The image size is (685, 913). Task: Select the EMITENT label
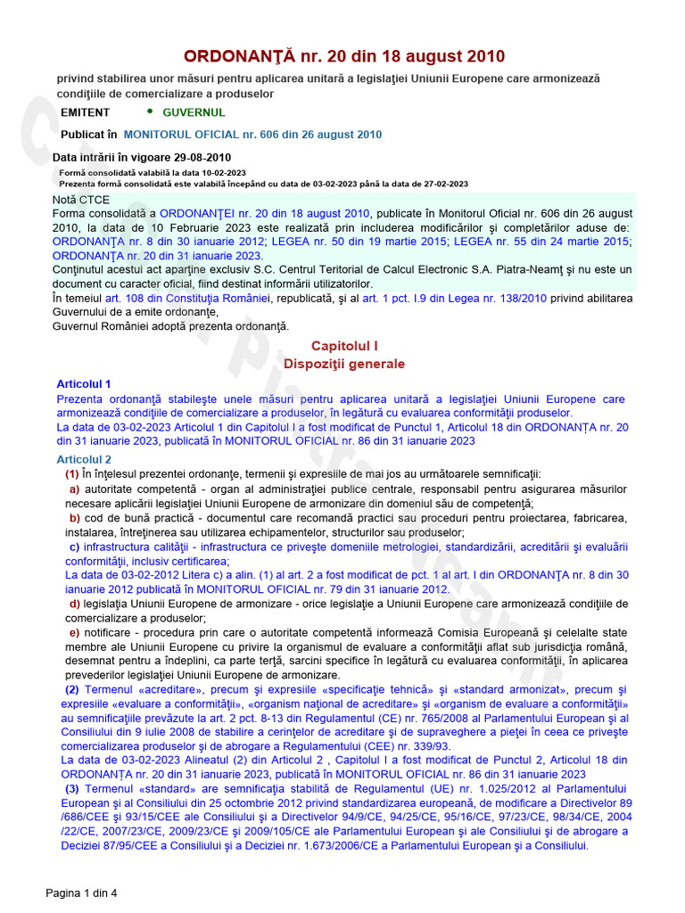point(86,112)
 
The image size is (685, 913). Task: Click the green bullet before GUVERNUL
point(149,111)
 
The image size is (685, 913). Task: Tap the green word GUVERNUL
point(194,112)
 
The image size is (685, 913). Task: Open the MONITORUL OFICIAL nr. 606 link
point(252,135)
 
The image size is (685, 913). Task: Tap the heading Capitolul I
point(344,345)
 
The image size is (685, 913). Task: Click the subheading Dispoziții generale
point(344,364)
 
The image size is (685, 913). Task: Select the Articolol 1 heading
point(84,383)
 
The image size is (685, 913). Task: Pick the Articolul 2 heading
point(84,459)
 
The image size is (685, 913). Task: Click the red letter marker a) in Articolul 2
point(75,489)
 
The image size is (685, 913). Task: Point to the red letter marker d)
point(75,604)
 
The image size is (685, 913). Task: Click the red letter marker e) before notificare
point(75,632)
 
